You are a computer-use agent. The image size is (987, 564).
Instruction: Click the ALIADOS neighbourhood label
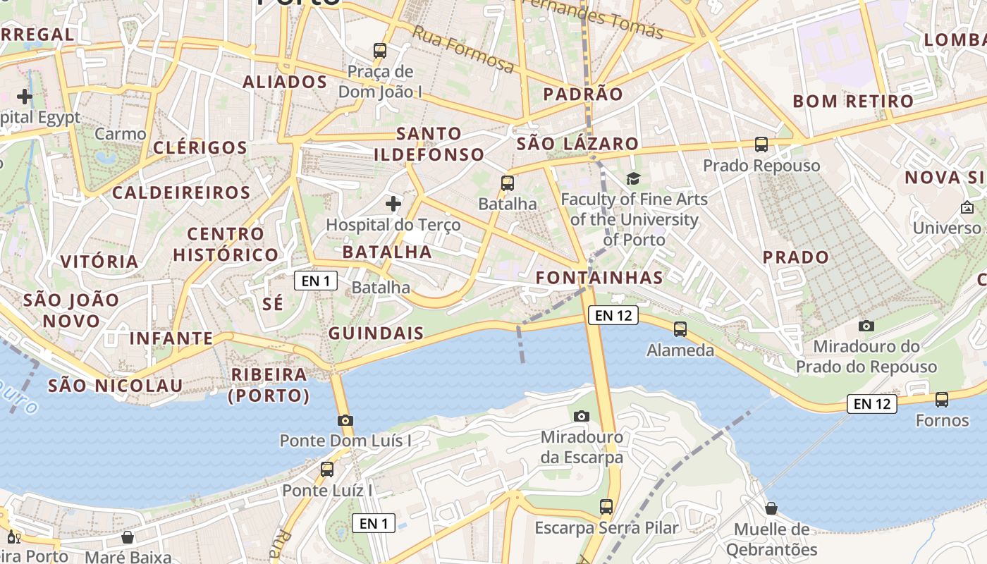tap(285, 82)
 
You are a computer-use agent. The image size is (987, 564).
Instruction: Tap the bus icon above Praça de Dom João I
tap(380, 51)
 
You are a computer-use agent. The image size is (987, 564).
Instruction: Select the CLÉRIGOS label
tap(200, 148)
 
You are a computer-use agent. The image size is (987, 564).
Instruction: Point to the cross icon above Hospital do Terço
tap(393, 204)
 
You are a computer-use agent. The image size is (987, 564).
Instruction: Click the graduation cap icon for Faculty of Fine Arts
tap(633, 179)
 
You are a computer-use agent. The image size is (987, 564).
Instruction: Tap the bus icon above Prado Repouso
tap(761, 145)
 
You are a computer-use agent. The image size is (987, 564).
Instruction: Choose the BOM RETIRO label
tap(853, 102)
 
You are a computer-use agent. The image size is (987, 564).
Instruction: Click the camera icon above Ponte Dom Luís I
tap(345, 420)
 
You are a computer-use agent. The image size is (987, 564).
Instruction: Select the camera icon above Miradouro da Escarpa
tap(582, 417)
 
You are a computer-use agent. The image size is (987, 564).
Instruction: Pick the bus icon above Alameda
tap(680, 329)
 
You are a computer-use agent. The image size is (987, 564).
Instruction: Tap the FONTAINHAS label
tap(599, 278)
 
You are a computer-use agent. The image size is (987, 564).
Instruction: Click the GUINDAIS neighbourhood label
tap(376, 333)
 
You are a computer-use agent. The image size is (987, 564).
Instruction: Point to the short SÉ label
tap(273, 304)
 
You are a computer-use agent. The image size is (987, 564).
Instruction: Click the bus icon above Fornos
tap(942, 400)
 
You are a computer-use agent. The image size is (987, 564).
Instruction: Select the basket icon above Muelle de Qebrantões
tap(771, 508)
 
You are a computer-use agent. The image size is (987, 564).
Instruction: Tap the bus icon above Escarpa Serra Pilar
tap(606, 507)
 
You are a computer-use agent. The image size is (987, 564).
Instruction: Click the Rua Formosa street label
tap(463, 49)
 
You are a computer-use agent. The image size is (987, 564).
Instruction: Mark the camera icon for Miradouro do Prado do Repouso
tap(866, 326)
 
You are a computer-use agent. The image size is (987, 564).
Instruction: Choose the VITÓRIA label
tap(99, 262)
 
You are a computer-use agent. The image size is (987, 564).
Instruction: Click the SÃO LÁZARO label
tap(577, 145)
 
